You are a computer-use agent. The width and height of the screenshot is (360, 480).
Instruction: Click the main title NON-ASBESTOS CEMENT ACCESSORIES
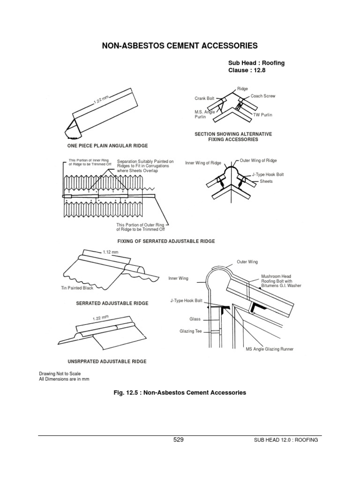point(180,46)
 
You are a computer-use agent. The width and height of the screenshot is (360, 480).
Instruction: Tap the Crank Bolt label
point(204,98)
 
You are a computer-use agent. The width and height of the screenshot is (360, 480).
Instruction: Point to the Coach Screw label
point(263,96)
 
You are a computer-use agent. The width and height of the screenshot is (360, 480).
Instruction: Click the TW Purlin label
point(262,114)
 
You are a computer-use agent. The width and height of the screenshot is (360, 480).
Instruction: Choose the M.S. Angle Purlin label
point(204,114)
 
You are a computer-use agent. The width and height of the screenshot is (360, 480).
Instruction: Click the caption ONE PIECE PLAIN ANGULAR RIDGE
point(105,146)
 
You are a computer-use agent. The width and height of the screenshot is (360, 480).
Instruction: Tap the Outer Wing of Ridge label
point(258,160)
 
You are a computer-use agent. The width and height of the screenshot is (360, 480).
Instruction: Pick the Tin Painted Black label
point(77,288)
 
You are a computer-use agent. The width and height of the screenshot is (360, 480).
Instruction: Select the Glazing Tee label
point(190,331)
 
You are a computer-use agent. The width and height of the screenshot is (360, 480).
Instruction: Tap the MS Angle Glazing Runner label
point(269,349)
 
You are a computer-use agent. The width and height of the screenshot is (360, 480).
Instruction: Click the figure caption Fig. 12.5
point(180,392)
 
